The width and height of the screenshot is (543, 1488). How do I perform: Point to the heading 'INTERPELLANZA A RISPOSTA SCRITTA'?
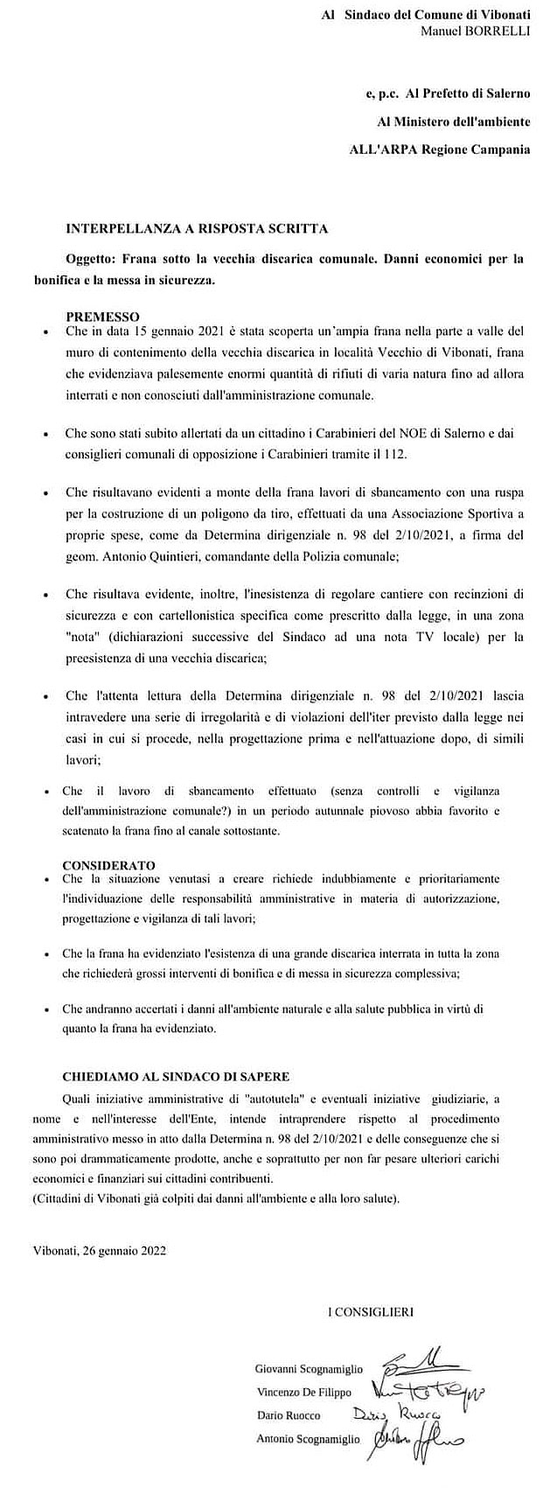(x=197, y=229)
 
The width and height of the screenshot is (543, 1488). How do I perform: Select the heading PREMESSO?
(x=102, y=316)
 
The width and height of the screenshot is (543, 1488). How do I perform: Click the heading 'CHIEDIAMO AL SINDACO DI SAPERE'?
(x=176, y=1075)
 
